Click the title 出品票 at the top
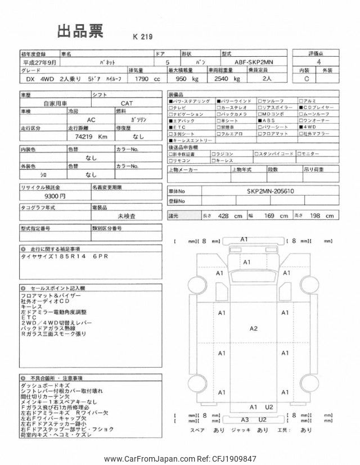pyautogui.click(x=81, y=31)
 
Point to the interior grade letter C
pyautogui.click(x=307, y=79)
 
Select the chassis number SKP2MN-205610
pyautogui.click(x=269, y=191)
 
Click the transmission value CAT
pyautogui.click(x=126, y=103)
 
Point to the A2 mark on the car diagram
pyautogui.click(x=253, y=328)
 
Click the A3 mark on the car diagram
pyautogui.click(x=245, y=419)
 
